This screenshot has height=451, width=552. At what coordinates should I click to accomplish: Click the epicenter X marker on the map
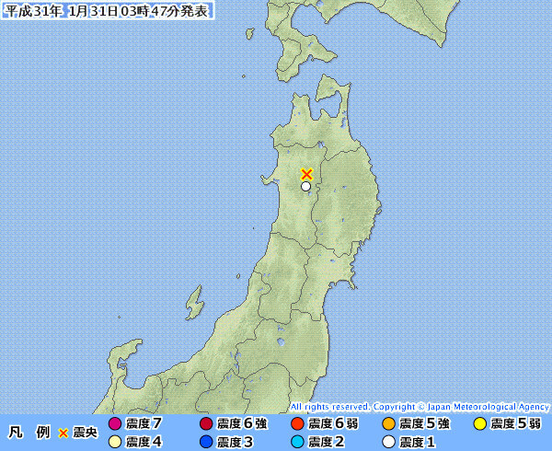[x=306, y=173]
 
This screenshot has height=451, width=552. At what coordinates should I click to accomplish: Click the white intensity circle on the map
[x=305, y=186]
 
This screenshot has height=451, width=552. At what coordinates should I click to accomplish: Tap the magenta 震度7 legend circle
[x=114, y=424]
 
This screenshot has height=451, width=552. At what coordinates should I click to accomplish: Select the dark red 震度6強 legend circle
[x=205, y=424]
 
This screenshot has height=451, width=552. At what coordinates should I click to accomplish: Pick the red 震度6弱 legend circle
[x=296, y=424]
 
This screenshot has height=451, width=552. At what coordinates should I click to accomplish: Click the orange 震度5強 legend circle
[x=388, y=424]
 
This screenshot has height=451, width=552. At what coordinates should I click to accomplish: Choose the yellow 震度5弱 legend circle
[x=479, y=424]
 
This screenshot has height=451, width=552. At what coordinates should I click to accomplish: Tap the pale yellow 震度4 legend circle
[x=114, y=442]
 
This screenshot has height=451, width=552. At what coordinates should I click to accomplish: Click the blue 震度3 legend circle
[x=205, y=442]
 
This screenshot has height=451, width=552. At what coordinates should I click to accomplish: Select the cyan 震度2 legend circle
[x=296, y=442]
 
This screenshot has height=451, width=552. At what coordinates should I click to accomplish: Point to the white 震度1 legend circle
[x=388, y=442]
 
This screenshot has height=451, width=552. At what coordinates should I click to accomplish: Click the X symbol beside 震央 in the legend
[x=63, y=433]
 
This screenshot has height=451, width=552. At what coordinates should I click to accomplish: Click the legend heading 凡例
[x=29, y=433]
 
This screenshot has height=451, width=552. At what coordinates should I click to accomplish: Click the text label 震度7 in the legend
[x=144, y=424]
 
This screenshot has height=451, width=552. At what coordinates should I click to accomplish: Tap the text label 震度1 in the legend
[x=418, y=442]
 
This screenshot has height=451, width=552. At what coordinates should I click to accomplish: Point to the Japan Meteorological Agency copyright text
[x=420, y=406]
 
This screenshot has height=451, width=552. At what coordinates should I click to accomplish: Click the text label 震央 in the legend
[x=86, y=433]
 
